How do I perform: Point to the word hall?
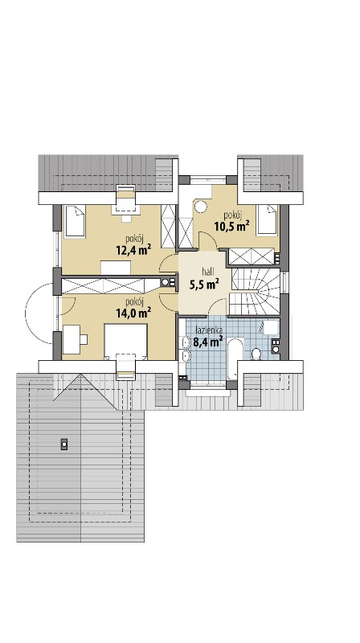coord(208,271)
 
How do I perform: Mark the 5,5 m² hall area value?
coord(204,284)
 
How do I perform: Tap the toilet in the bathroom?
coord(256,354)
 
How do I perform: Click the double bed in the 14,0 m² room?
coord(125,341)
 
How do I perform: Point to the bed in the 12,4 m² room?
coord(75,221)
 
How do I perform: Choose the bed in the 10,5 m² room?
coord(267,219)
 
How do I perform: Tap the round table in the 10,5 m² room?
coord(201,207)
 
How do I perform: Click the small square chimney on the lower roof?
coord(64,444)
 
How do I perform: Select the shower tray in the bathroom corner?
coord(270,329)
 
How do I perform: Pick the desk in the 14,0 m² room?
coord(72,339)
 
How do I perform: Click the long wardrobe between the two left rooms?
coord(104,285)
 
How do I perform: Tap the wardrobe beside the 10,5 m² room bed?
coord(252,256)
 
